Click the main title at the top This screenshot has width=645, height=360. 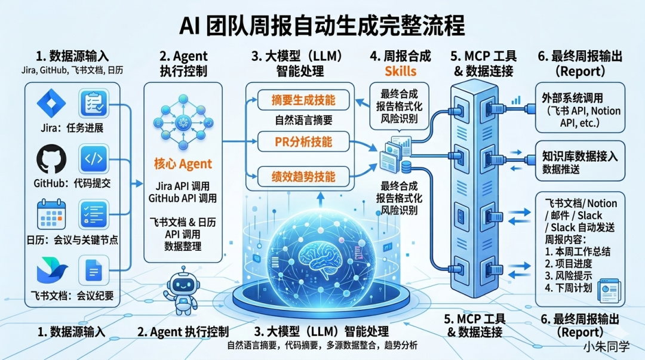click(x=322, y=26)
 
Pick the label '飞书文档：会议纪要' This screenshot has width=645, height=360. click(x=72, y=294)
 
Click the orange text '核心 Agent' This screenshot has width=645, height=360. click(x=183, y=164)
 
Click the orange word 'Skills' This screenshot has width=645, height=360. click(x=400, y=72)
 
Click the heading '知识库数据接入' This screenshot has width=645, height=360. click(x=580, y=156)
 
